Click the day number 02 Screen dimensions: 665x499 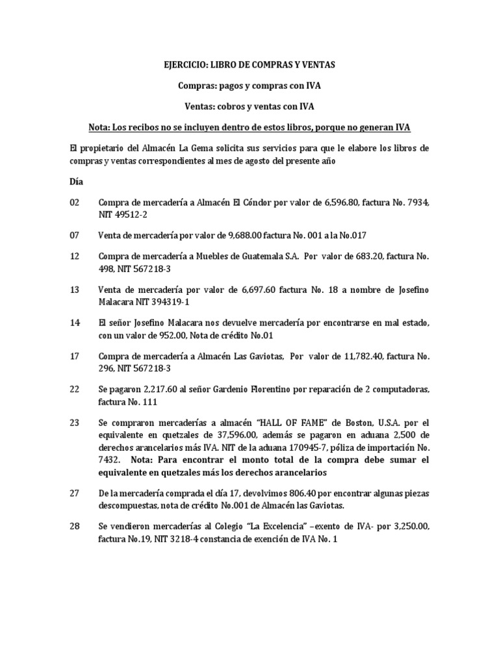[74, 203]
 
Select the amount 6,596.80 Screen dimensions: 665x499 [341, 203]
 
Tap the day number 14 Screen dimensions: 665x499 [74, 323]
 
